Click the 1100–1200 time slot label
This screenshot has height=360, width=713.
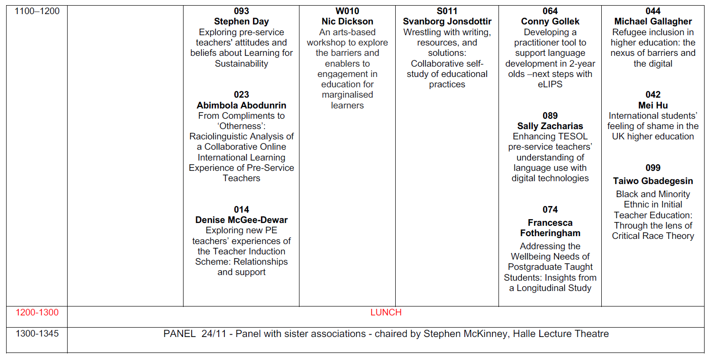(37, 11)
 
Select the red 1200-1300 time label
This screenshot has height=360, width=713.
(37, 313)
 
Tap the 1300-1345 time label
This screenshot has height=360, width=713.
(37, 334)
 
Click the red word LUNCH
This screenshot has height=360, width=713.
(386, 313)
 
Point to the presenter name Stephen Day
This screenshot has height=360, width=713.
(241, 22)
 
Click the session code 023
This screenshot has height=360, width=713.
(241, 95)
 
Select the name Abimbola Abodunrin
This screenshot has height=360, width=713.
(241, 105)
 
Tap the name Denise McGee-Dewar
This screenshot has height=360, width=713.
(241, 220)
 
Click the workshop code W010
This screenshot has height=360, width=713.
(347, 11)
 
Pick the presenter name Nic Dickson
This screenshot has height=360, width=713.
(347, 22)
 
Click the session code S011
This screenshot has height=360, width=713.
(447, 11)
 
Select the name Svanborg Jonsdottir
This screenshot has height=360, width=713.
(447, 22)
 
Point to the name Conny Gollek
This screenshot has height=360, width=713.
(550, 22)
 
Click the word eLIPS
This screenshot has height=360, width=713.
(550, 84)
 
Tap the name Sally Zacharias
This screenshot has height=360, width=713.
(550, 126)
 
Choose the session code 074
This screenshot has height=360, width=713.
(550, 210)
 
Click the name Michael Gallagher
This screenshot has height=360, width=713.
(653, 22)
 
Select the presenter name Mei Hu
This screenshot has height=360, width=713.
(653, 105)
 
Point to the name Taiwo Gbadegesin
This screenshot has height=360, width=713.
(653, 181)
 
